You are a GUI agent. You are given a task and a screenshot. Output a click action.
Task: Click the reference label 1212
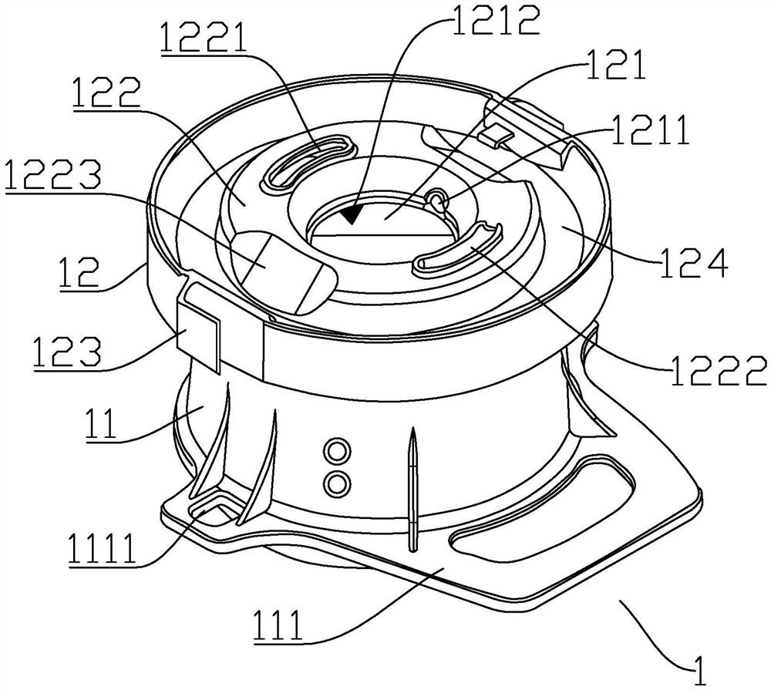click(x=496, y=20)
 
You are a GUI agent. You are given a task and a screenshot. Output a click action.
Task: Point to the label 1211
click(x=651, y=130)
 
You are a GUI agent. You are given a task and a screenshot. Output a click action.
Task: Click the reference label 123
click(x=68, y=351)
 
